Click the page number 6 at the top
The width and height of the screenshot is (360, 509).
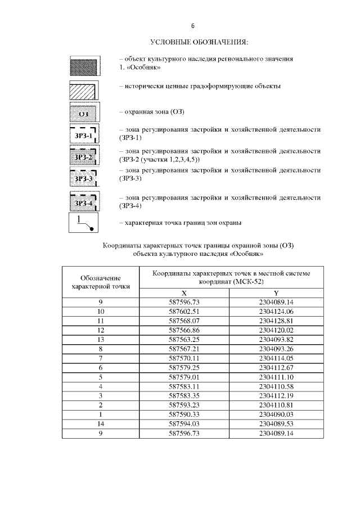[x=192, y=26]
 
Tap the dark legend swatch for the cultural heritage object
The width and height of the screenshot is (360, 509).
[x=84, y=66]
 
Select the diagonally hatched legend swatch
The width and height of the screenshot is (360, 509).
[x=84, y=89]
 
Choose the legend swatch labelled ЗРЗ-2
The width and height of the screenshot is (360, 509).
[x=84, y=156]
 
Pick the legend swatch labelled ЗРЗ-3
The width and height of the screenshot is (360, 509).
[x=84, y=179]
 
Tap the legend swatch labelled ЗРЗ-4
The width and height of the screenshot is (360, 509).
[x=84, y=202]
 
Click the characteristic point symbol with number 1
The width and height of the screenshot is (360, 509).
[x=84, y=223]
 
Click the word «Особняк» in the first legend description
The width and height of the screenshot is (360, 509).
[x=143, y=67]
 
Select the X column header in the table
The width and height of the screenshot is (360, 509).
[x=184, y=294]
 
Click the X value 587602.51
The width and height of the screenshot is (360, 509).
[x=184, y=310]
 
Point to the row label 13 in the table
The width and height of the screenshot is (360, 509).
[x=101, y=340]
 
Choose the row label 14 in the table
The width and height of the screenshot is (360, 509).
[x=101, y=425]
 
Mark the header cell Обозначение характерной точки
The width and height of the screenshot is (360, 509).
[x=101, y=282]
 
